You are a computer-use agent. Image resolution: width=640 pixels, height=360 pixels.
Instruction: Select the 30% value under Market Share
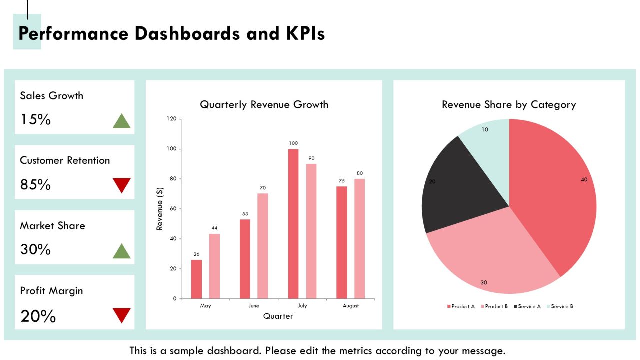pyautogui.click(x=35, y=249)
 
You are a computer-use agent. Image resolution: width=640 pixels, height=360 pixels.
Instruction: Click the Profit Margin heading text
pyautogui.click(x=51, y=291)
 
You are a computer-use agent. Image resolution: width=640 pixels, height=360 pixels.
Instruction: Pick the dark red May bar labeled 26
pyautogui.click(x=196, y=279)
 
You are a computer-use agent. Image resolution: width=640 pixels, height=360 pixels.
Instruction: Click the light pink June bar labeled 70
pyautogui.click(x=263, y=246)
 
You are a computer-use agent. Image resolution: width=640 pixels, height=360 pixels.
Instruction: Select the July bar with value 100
pyautogui.click(x=293, y=224)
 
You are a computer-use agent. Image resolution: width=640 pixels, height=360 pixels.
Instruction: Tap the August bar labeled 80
pyautogui.click(x=359, y=239)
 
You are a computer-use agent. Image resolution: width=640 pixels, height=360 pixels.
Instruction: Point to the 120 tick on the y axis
pyautogui.click(x=171, y=119)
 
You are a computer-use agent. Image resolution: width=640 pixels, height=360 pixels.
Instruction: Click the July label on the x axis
pyautogui.click(x=302, y=306)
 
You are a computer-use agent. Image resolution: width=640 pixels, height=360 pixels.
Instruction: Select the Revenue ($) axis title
pyautogui.click(x=159, y=209)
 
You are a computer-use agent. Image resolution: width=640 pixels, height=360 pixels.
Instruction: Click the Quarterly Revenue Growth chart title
pyautogui.click(x=264, y=105)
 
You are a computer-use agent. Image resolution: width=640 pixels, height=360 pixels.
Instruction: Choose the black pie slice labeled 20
pyautogui.click(x=460, y=188)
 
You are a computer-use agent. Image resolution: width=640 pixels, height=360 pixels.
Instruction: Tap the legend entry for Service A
pyautogui.click(x=527, y=306)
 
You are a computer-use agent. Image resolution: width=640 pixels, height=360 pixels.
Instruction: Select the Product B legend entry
pyautogui.click(x=494, y=306)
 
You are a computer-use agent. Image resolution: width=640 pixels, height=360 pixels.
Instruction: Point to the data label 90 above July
pyautogui.click(x=311, y=158)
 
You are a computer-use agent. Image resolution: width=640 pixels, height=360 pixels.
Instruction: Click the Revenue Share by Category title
pyautogui.click(x=509, y=105)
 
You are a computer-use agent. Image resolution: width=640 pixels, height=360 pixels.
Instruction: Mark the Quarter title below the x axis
pyautogui.click(x=278, y=316)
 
